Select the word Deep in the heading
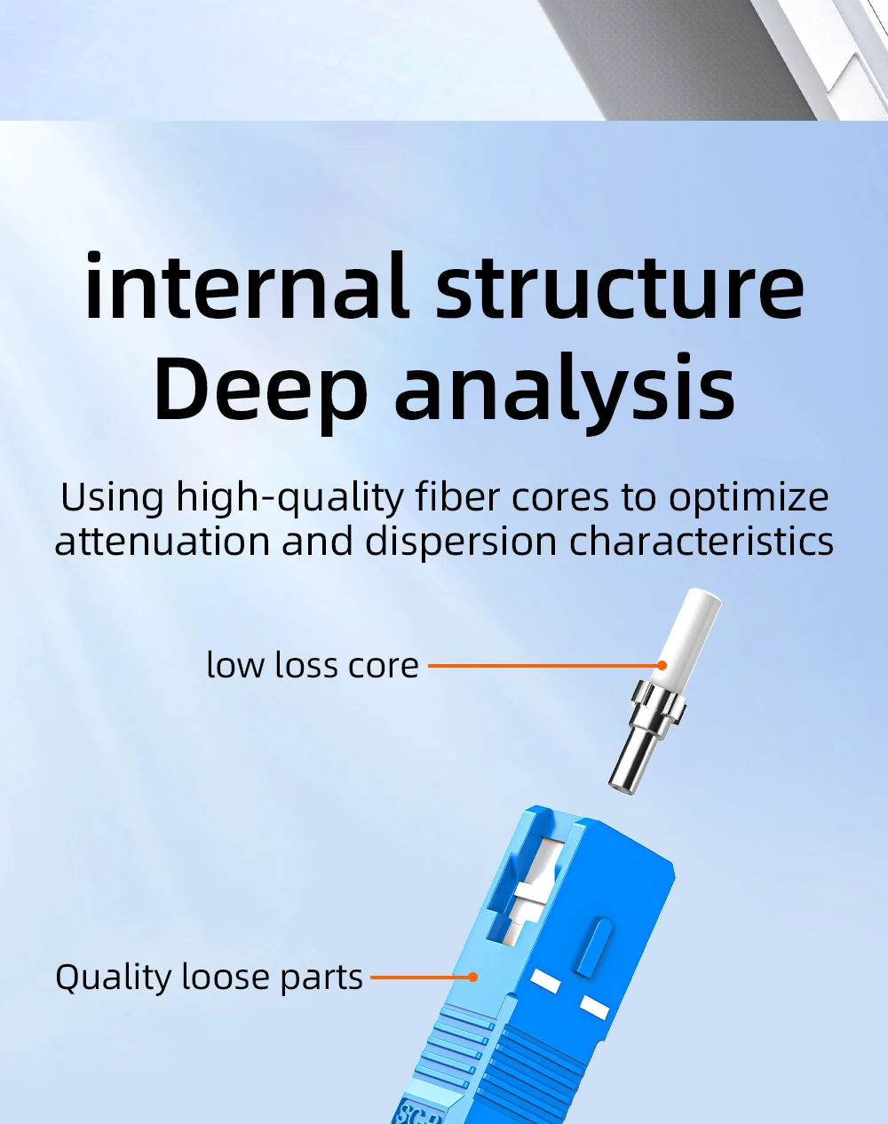tap(260, 389)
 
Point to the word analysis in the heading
tap(565, 389)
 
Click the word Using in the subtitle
tap(112, 496)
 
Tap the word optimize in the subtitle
tap(749, 498)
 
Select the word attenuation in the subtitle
tap(163, 541)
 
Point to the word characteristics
tap(702, 541)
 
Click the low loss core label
tap(313, 665)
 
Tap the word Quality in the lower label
tap(113, 978)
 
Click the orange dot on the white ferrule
tap(662, 664)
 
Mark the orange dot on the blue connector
tap(473, 977)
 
